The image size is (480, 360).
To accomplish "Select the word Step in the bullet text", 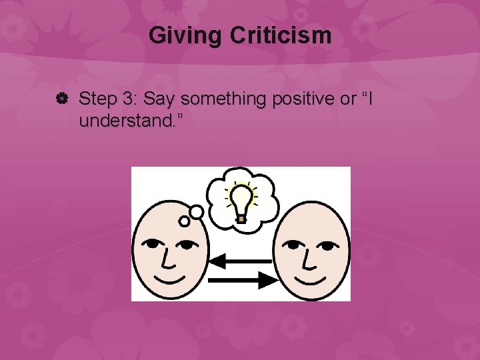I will (97, 100).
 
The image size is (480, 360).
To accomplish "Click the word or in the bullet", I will (349, 100).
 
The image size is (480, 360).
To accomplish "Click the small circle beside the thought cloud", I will (196, 212).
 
